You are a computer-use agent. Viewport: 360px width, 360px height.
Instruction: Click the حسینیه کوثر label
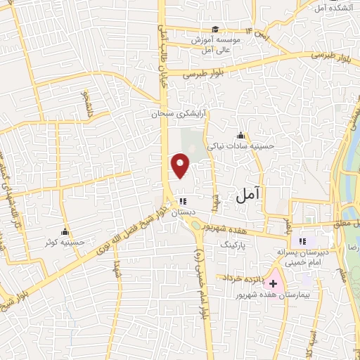click(x=65, y=241)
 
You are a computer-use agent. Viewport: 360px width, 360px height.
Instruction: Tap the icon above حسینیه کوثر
click(x=65, y=231)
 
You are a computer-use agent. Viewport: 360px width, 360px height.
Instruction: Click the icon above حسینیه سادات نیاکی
click(x=241, y=135)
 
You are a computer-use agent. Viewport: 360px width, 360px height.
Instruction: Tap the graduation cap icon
click(x=215, y=29)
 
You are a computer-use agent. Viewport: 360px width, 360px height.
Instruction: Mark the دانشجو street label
click(x=87, y=103)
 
